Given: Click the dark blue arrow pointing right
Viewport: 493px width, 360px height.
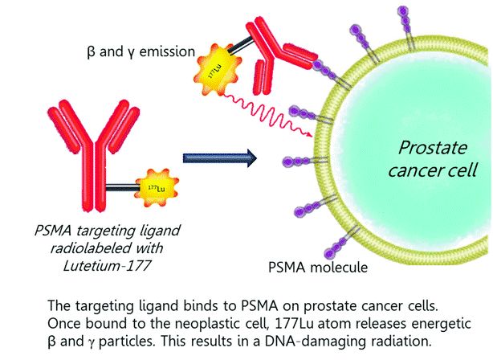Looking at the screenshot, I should [219, 156].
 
